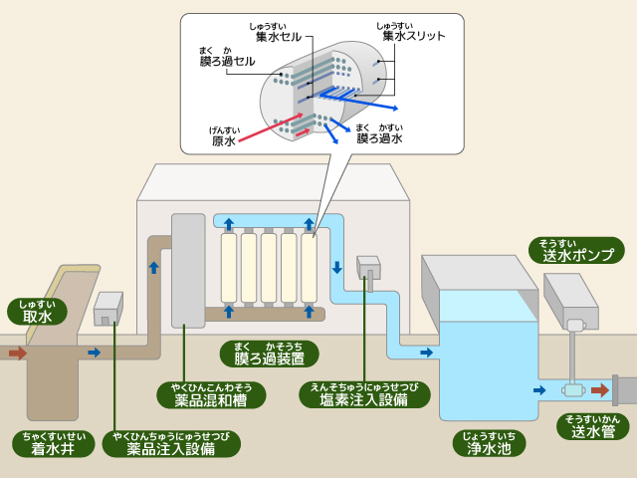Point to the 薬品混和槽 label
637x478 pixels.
pyautogui.click(x=211, y=394)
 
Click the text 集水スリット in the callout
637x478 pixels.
pyautogui.click(x=412, y=36)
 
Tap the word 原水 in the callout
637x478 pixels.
pyautogui.click(x=224, y=140)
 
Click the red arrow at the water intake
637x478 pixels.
pyautogui.click(x=18, y=353)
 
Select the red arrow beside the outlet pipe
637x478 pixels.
pyautogui.click(x=599, y=390)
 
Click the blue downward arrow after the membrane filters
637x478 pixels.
pyautogui.click(x=337, y=268)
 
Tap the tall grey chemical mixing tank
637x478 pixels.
pyautogui.click(x=188, y=271)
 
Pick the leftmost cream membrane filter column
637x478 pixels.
pyautogui.click(x=228, y=268)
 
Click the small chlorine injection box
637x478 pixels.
pyautogui.click(x=368, y=267)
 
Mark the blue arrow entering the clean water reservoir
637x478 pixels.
pyautogui.click(x=426, y=353)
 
